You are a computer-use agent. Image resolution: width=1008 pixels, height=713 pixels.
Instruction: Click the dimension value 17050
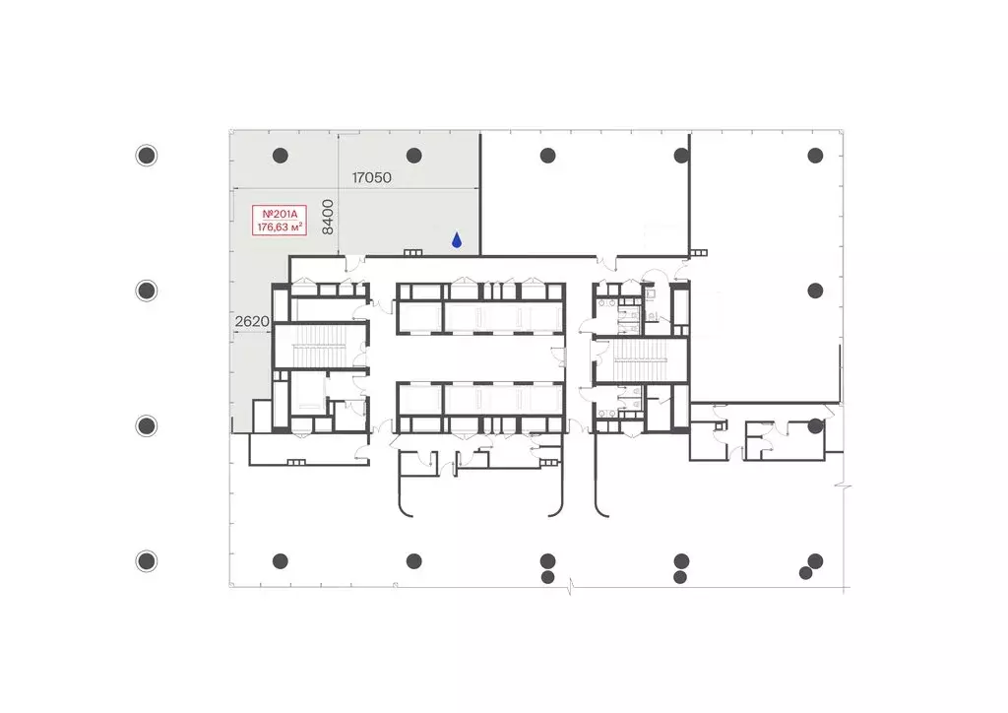[371, 177]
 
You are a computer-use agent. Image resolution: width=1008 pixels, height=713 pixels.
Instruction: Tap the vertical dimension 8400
[328, 217]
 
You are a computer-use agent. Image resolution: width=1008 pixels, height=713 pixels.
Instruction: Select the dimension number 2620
[252, 321]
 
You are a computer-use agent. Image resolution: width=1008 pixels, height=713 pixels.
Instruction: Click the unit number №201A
[280, 214]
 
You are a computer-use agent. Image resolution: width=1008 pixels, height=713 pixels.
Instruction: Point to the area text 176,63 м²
[280, 227]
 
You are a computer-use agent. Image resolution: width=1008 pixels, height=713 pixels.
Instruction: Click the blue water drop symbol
[457, 240]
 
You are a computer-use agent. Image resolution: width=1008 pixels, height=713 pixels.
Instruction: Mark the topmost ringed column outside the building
[147, 155]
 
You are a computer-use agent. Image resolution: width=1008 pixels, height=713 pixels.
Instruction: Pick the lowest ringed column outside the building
[147, 561]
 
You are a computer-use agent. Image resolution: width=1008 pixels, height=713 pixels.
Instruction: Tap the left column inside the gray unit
[281, 155]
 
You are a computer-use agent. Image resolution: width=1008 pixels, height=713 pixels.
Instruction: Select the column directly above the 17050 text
[414, 155]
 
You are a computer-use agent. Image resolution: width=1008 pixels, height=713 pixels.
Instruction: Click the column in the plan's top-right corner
[815, 155]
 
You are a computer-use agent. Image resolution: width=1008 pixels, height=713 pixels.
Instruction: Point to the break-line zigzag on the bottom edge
[570, 586]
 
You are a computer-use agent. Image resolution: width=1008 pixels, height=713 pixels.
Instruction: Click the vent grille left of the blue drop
[412, 253]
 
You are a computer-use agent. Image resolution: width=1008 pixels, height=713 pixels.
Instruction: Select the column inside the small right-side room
[815, 425]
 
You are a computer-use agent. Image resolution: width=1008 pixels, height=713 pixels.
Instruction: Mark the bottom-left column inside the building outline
[281, 561]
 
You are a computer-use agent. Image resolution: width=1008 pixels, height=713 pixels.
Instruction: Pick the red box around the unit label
[280, 221]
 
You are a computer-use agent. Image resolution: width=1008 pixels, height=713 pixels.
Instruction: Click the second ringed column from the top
[147, 291]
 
